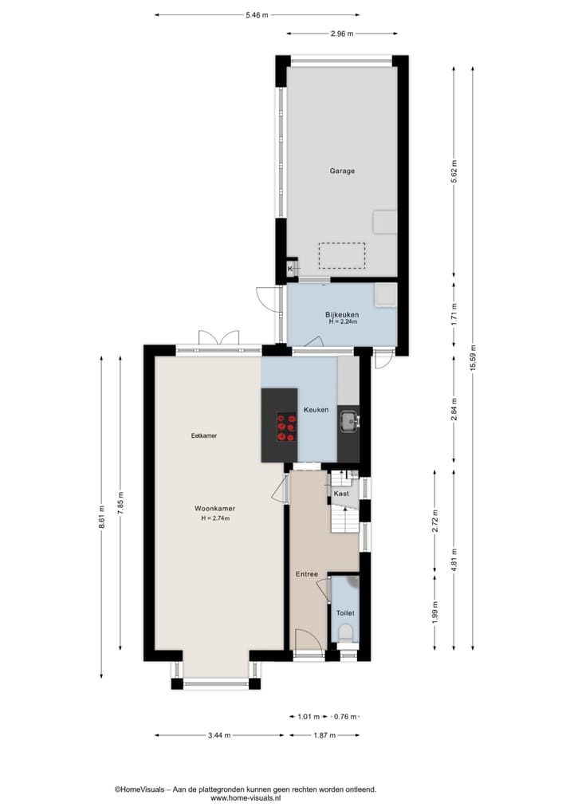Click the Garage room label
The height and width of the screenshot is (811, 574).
[342, 171]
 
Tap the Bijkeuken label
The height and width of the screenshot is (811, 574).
[342, 315]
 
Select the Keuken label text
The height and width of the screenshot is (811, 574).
[316, 410]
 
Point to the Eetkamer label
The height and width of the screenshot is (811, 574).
[204, 436]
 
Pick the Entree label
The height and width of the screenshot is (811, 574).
[307, 574]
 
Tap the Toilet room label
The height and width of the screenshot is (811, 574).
[344, 613]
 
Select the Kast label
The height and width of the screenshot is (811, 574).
[341, 494]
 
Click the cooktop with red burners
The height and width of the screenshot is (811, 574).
[286, 427]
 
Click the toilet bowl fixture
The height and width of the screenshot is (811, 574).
[344, 633]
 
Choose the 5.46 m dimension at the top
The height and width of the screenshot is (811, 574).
[257, 14]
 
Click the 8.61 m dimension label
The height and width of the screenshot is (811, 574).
[101, 518]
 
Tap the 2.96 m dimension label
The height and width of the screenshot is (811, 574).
[342, 33]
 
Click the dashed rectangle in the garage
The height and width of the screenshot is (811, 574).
[341, 255]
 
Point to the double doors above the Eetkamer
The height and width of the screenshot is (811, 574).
[218, 337]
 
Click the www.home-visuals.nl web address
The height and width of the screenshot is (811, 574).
[245, 797]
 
